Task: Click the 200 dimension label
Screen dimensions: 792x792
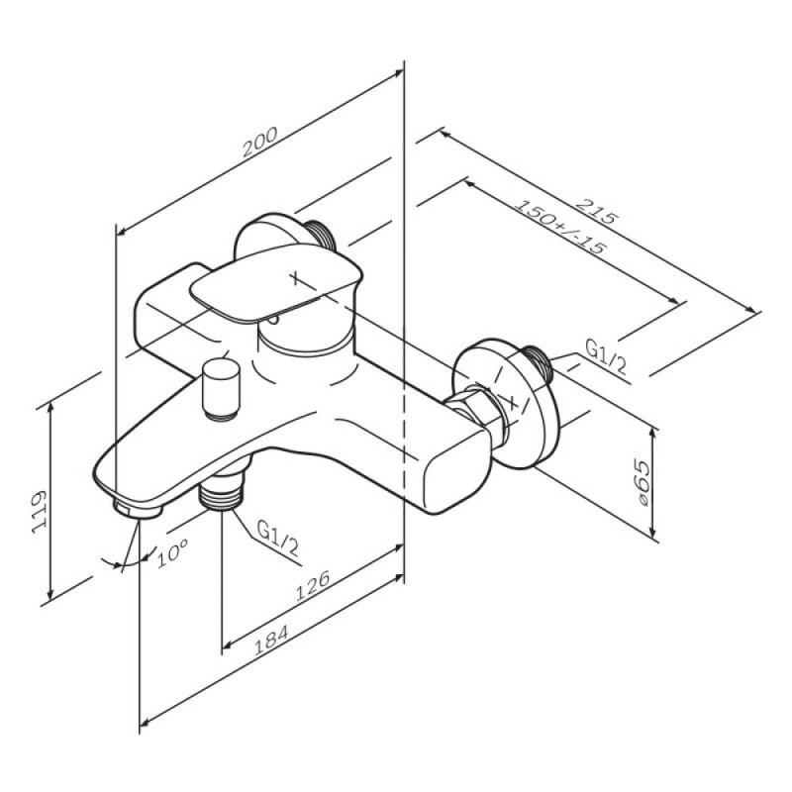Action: (259, 142)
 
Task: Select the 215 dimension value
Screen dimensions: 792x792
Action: (597, 211)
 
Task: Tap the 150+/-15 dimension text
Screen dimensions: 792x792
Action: (559, 227)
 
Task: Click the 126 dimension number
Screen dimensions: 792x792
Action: (312, 585)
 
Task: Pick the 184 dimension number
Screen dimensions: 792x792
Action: (270, 640)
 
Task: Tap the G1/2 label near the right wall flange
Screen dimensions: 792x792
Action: (606, 356)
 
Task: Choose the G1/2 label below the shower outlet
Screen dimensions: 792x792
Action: (277, 538)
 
